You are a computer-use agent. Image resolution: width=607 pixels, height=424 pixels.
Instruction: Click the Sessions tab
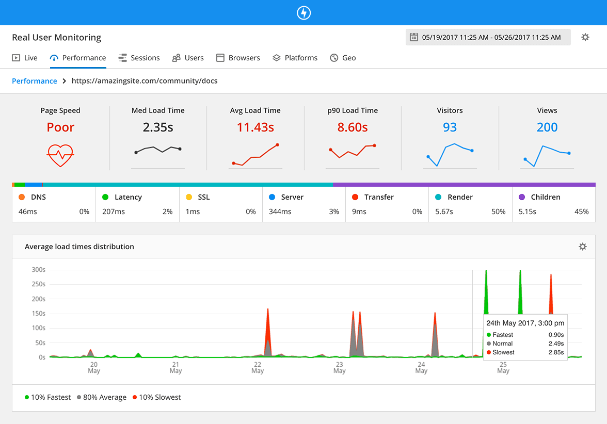[139, 58]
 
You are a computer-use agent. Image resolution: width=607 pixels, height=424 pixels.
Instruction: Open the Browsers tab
[238, 58]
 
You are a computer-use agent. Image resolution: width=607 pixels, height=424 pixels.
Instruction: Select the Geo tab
[343, 58]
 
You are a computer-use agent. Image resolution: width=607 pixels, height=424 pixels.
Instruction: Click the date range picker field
[488, 37]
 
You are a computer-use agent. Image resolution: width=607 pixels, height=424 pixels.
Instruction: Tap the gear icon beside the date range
[585, 37]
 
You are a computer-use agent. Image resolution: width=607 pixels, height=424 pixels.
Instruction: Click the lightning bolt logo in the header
[303, 13]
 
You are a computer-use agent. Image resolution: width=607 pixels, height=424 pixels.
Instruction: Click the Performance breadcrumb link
[35, 81]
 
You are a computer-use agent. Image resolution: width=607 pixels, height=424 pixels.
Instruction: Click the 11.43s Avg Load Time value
[255, 127]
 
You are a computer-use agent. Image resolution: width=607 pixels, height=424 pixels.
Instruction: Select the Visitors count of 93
[450, 127]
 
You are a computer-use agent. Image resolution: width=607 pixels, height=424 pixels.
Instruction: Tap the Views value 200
[547, 127]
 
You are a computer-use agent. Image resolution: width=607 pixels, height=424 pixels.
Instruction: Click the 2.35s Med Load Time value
[158, 127]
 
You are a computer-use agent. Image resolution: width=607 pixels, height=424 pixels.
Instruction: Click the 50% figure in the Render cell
[498, 211]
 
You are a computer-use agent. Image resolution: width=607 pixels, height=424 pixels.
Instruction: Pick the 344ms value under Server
[280, 211]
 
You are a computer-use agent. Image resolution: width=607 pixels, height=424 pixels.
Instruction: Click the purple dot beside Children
[521, 197]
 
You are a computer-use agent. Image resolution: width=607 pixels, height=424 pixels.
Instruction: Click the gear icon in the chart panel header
[582, 247]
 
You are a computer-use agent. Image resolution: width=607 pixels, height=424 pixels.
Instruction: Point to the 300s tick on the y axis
[38, 270]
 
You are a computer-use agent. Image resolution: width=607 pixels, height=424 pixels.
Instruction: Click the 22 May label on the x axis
[258, 367]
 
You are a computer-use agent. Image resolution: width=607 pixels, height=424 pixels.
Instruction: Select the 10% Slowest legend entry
[157, 397]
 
